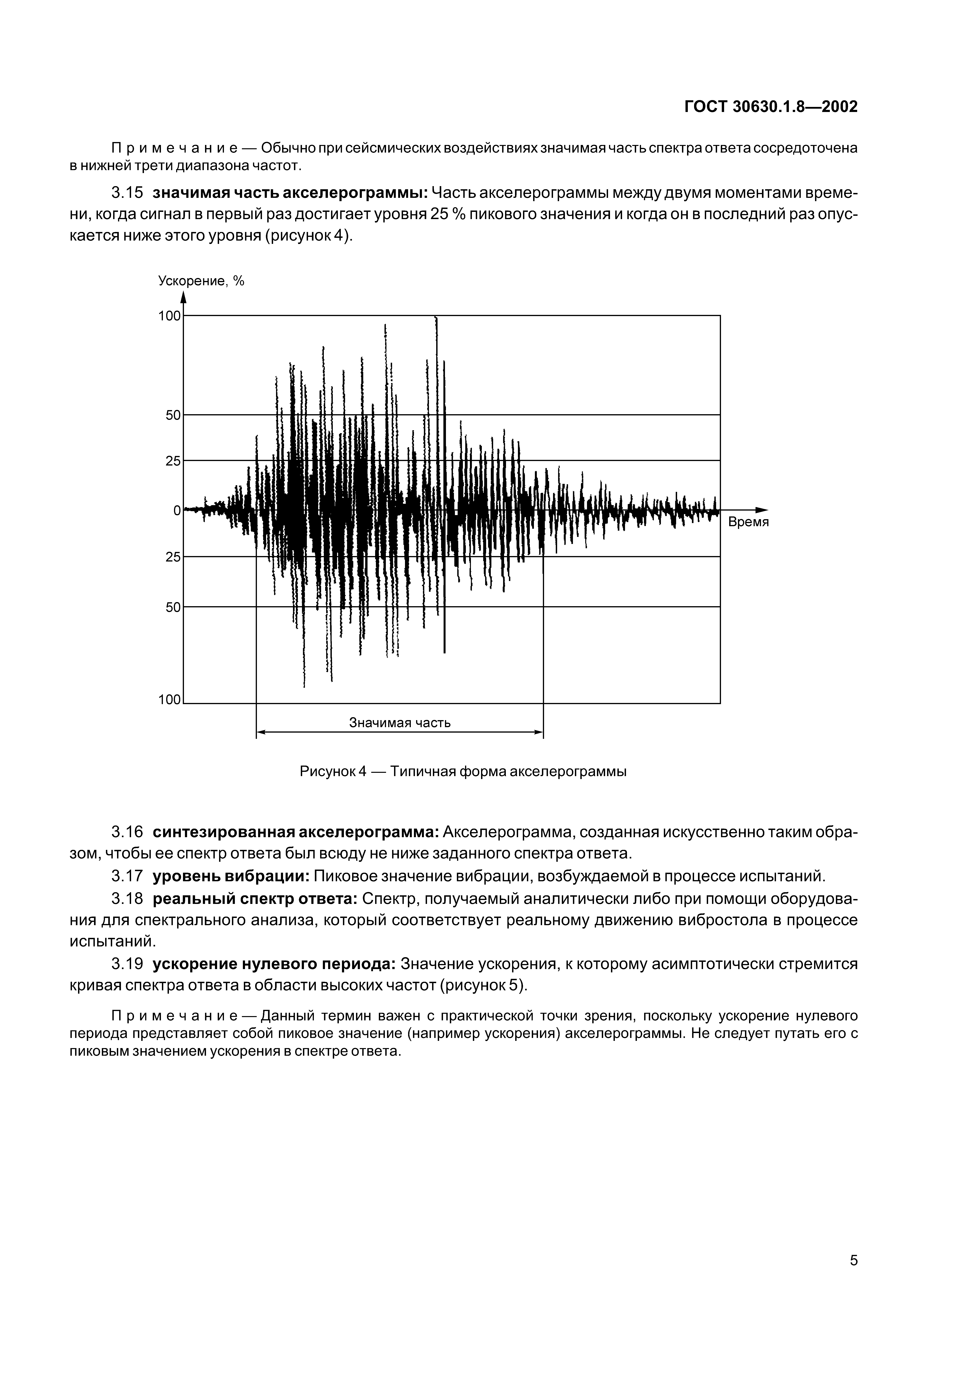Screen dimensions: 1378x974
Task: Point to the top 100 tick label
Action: point(169,316)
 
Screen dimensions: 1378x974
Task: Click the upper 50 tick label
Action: point(173,415)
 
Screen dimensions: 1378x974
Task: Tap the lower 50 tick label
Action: point(173,607)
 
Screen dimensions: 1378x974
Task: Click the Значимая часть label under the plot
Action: point(400,723)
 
